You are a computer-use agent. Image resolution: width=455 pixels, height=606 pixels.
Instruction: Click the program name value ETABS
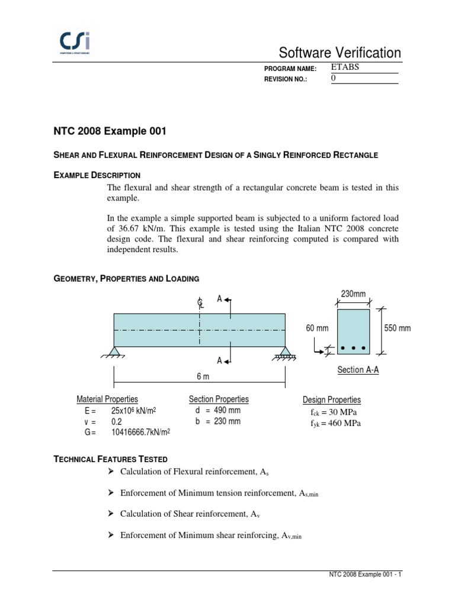(345, 67)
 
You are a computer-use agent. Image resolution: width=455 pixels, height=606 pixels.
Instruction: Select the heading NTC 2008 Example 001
(107, 130)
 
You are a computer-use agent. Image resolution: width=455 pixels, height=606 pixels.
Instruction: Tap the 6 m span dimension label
(203, 376)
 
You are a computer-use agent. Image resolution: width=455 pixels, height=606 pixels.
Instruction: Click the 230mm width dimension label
(353, 294)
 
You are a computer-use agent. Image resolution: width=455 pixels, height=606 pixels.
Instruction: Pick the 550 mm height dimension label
(398, 328)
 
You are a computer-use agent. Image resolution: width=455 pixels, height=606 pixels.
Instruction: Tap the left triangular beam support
(115, 352)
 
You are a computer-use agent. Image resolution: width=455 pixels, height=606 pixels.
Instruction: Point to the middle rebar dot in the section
(354, 347)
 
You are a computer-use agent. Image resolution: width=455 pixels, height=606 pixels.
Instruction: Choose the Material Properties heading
(107, 399)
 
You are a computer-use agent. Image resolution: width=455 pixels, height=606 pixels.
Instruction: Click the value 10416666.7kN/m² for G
(140, 433)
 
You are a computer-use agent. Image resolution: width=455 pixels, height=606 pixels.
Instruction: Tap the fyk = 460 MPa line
(335, 424)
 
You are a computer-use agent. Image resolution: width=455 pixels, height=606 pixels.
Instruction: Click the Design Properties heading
(331, 400)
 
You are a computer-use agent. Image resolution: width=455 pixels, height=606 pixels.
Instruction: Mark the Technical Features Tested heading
(111, 459)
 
